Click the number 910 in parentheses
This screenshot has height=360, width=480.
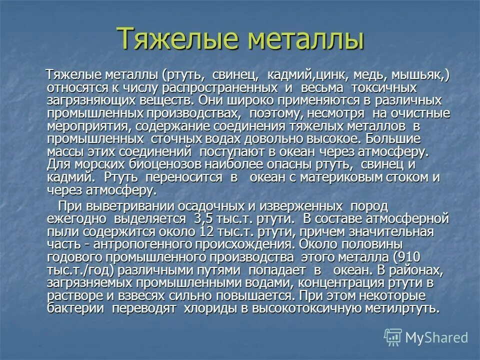[409, 257]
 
